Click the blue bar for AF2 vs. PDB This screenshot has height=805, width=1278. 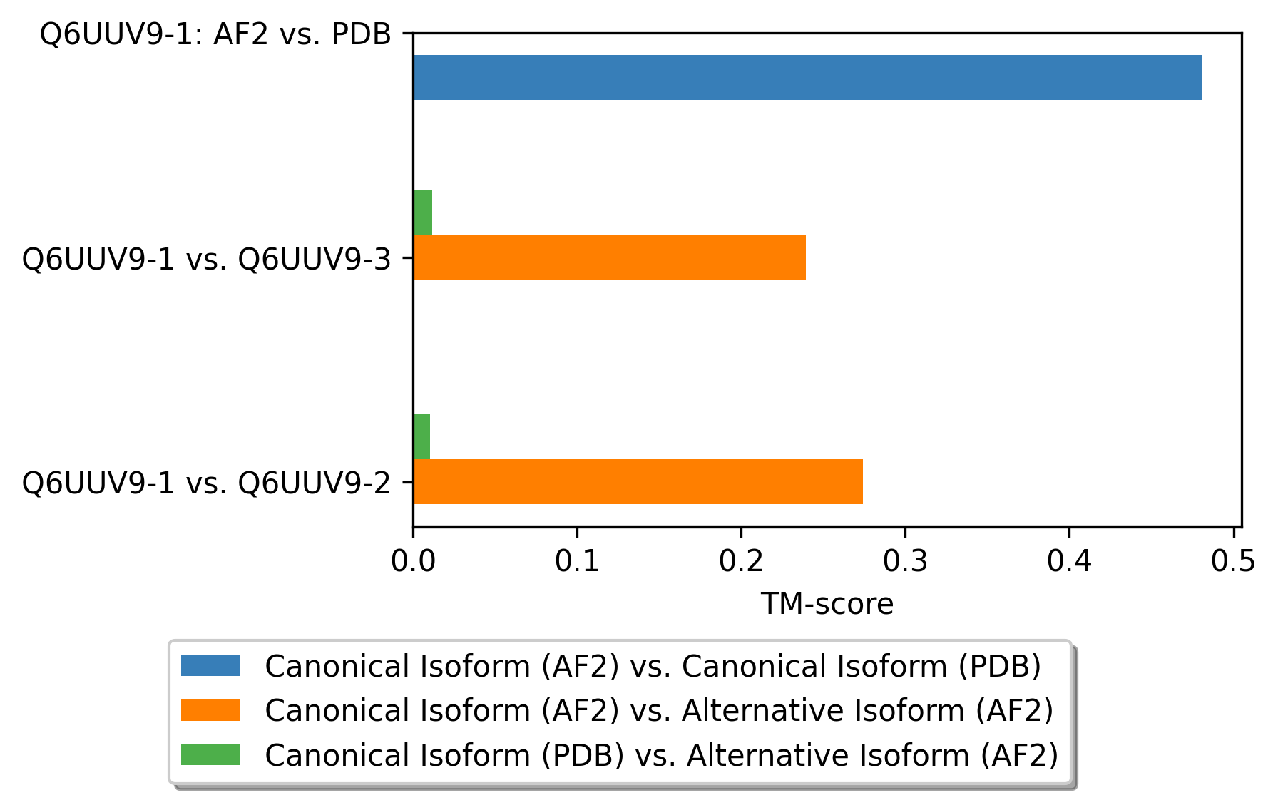808,77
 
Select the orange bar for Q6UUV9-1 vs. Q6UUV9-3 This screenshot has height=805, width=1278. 610,257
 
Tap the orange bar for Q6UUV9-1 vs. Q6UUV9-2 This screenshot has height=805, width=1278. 638,481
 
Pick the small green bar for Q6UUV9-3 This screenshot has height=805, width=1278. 423,212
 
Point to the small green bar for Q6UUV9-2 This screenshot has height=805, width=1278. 422,436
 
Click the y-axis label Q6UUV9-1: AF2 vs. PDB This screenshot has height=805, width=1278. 215,34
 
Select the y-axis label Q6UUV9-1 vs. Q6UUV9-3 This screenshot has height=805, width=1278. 207,259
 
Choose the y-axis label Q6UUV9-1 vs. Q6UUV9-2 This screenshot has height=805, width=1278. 207,483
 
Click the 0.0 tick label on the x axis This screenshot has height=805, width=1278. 413,562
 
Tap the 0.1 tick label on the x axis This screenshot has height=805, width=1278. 577,562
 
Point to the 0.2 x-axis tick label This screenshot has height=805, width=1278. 741,562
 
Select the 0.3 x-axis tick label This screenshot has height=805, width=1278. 905,562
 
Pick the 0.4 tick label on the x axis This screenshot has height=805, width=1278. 1069,562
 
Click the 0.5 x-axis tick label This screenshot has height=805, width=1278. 1233,562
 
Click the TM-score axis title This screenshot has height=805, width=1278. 827,604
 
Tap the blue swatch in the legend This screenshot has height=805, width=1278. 210,665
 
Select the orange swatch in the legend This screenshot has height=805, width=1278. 210,710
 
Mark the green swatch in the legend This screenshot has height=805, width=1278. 210,754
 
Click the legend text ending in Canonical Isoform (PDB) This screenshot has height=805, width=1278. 653,666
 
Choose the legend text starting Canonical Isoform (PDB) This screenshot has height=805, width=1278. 661,755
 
